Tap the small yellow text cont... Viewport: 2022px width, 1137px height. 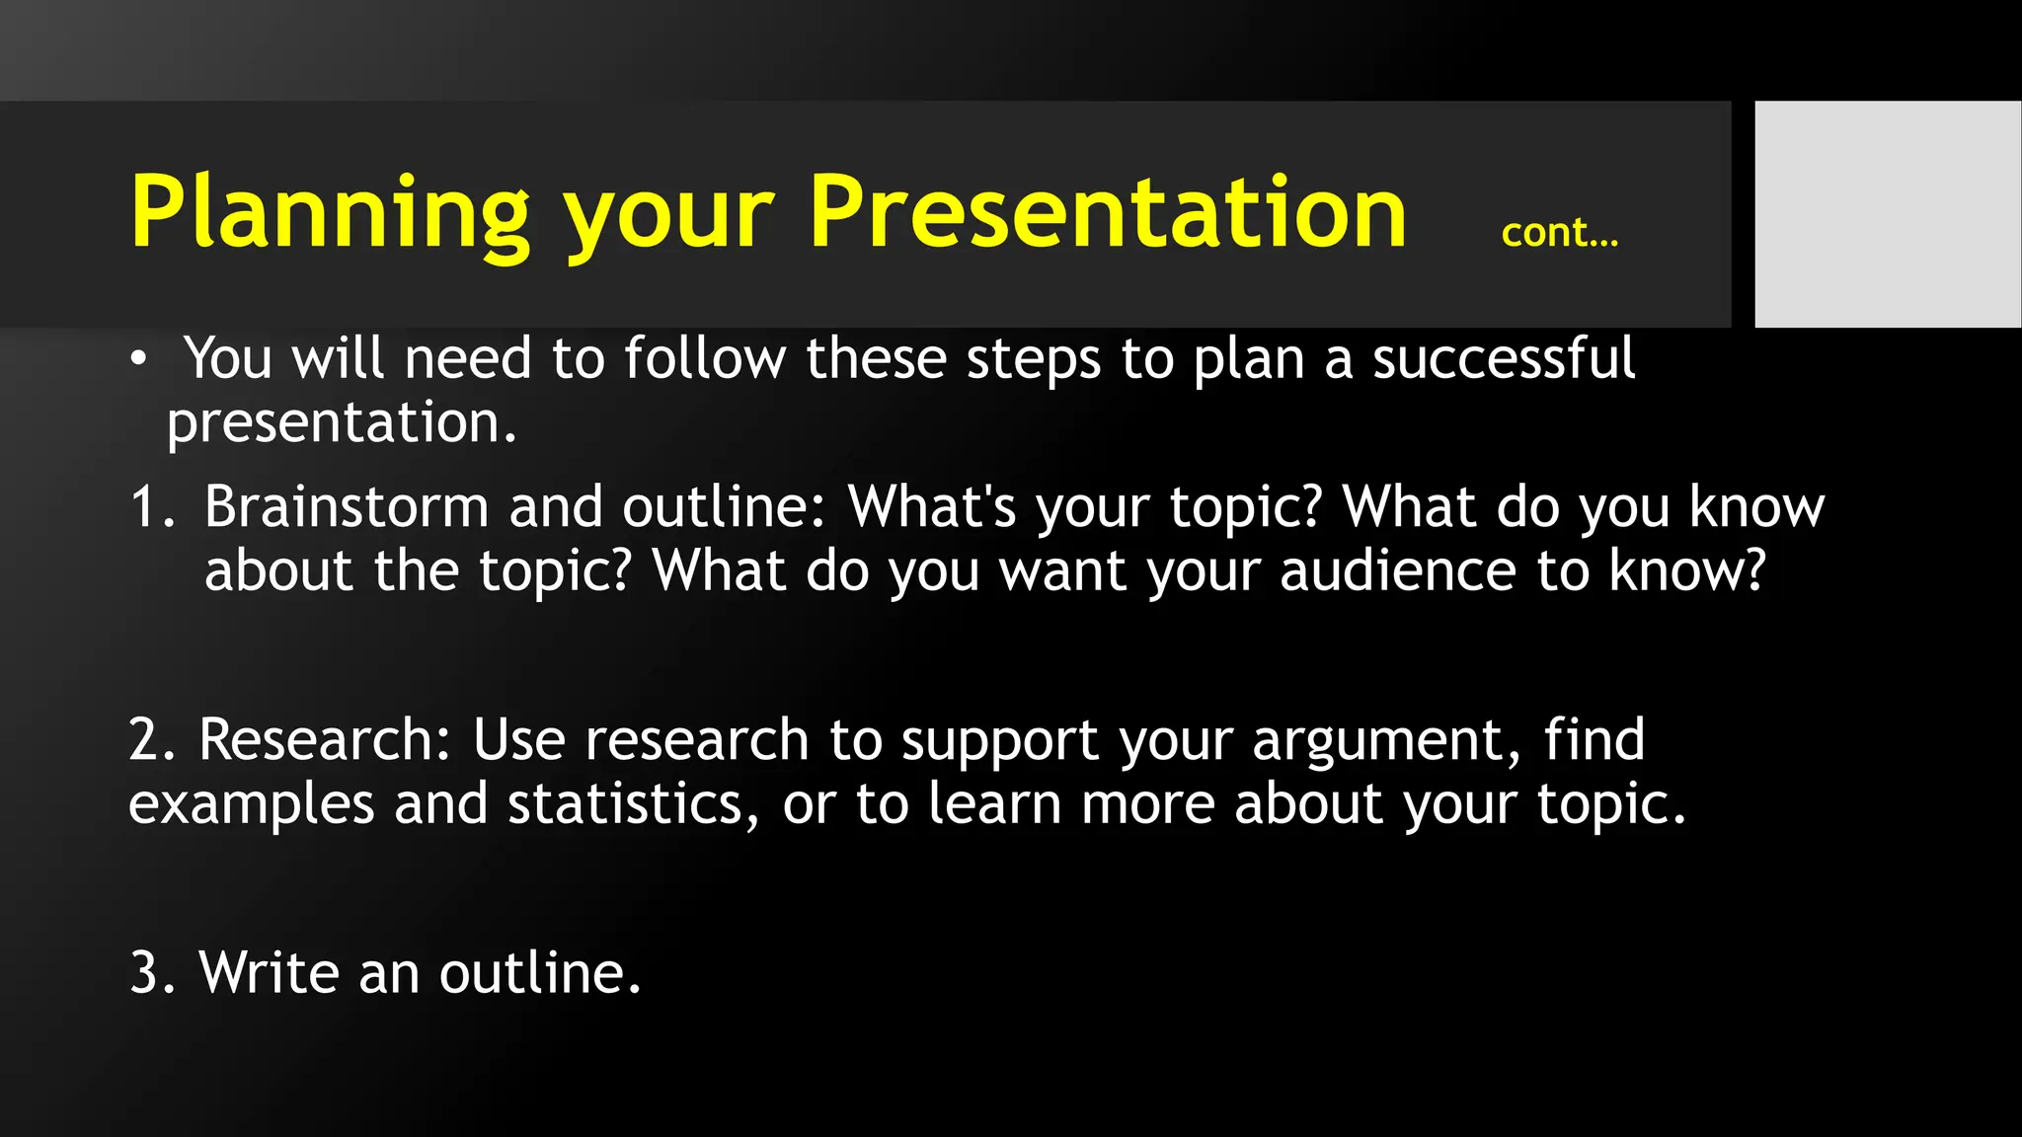[1559, 233]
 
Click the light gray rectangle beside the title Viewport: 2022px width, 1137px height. [1887, 213]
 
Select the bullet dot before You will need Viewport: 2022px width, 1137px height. [139, 359]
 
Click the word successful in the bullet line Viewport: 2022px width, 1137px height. [1504, 358]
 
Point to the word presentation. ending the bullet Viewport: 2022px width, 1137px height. [341, 423]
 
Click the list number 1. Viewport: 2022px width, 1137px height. [148, 507]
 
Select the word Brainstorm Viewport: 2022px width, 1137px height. [347, 507]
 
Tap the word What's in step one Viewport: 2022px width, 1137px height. [931, 507]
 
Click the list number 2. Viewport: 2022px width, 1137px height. [148, 739]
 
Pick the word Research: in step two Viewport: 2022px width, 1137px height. [324, 739]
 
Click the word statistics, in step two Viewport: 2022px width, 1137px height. [633, 804]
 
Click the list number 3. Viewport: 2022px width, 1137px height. [148, 973]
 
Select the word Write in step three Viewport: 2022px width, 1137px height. [269, 973]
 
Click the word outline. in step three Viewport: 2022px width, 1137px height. [540, 973]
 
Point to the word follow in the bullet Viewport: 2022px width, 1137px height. [704, 358]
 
